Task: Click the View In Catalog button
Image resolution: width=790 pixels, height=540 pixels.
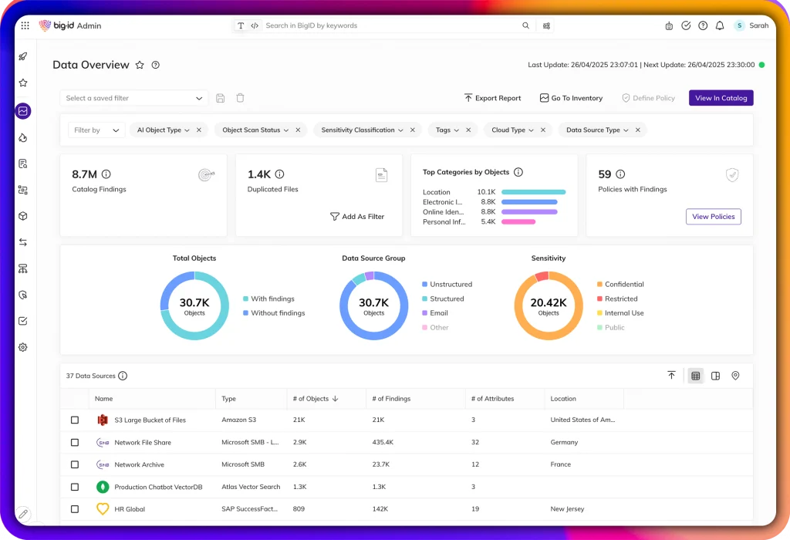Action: [721, 98]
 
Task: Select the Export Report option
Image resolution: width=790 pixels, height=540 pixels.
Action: [492, 98]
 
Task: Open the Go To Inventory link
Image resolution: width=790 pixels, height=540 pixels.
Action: [571, 98]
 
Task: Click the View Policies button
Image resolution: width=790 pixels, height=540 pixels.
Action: [713, 217]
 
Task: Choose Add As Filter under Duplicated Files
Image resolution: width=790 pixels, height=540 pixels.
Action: [357, 217]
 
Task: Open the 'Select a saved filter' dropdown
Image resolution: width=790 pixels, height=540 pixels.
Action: [134, 98]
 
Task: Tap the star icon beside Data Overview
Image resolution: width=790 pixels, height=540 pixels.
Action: [140, 66]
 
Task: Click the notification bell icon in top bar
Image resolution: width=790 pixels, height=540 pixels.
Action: [720, 25]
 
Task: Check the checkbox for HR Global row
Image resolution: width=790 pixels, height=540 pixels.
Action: [75, 509]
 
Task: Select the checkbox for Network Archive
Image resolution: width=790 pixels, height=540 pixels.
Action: [75, 464]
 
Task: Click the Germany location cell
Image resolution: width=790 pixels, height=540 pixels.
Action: [564, 443]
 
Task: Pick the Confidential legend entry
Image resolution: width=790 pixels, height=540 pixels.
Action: [623, 285]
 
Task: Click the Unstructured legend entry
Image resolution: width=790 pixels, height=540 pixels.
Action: [451, 285]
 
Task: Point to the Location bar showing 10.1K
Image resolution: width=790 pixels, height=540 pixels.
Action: [533, 192]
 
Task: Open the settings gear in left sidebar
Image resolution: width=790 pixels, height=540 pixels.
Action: [23, 347]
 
